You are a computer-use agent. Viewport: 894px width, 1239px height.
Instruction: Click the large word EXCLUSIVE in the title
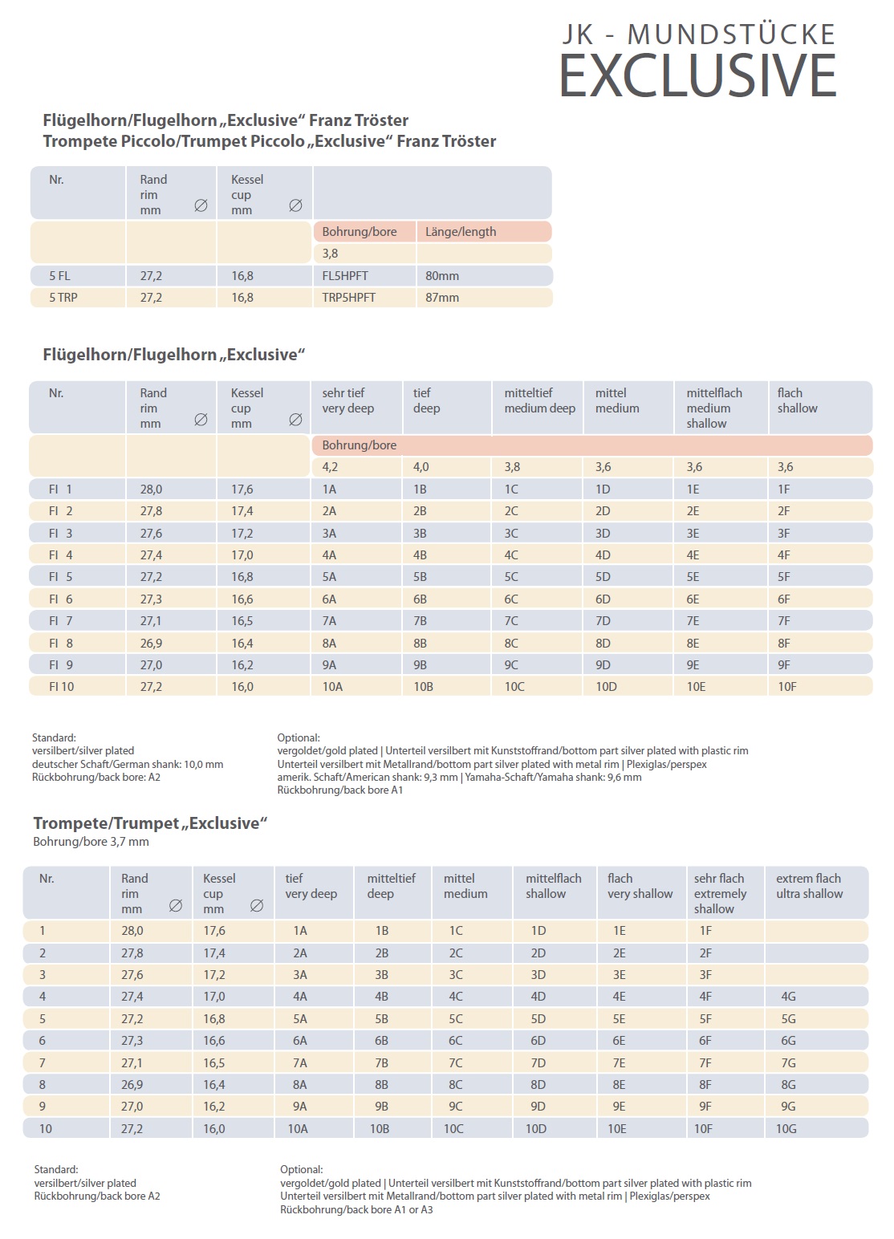[697, 75]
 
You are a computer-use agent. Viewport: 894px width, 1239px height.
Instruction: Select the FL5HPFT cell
[344, 275]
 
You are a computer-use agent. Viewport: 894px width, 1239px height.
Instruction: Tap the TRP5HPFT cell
[348, 298]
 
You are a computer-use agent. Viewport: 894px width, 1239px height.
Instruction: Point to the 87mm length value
[442, 298]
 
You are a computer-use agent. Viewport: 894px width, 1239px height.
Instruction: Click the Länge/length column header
[461, 232]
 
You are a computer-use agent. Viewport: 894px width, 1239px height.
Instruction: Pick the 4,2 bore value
[330, 467]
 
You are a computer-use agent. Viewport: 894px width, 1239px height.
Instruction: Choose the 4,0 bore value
[421, 467]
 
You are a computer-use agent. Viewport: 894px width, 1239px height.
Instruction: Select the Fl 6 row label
[60, 599]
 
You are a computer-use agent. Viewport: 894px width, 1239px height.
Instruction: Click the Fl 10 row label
[61, 686]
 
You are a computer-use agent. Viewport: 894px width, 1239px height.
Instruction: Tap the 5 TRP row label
[63, 298]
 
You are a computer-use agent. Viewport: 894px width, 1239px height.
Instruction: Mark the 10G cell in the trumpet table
[786, 1128]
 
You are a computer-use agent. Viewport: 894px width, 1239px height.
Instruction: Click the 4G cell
[788, 996]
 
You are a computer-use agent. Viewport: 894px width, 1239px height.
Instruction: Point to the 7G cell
[788, 1062]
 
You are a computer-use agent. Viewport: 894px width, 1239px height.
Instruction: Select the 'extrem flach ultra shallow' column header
[810, 886]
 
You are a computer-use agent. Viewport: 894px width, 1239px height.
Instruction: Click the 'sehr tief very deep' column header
[348, 400]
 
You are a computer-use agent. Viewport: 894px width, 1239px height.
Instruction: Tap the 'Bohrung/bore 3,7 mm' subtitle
[91, 841]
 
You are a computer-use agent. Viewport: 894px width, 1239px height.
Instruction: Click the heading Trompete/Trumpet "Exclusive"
[150, 823]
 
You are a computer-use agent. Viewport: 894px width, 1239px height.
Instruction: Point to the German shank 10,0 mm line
[128, 764]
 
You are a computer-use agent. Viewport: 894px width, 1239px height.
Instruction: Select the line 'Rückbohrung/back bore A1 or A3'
[356, 1209]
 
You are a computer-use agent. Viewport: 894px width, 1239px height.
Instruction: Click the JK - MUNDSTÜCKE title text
[699, 35]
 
